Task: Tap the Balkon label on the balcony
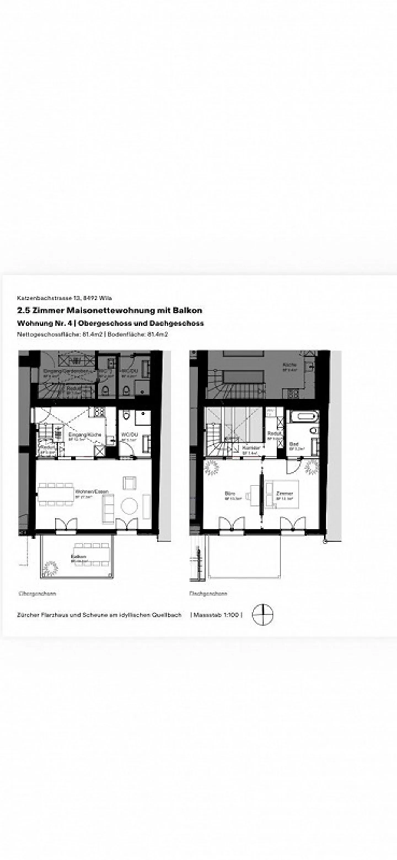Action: [x=79, y=556]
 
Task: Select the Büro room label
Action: [x=230, y=493]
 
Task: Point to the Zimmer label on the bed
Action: [x=285, y=493]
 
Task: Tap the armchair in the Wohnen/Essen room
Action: [x=130, y=483]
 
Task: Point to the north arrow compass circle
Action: [x=263, y=615]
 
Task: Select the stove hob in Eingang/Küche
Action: [x=100, y=412]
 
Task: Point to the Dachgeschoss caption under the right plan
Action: [x=208, y=593]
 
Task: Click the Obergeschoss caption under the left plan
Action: [x=38, y=593]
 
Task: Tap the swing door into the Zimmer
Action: [x=292, y=466]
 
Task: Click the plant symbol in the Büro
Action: [x=211, y=467]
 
